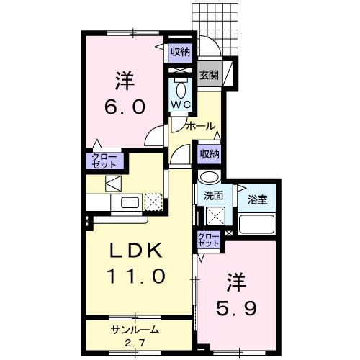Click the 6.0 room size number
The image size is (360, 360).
(x=127, y=105)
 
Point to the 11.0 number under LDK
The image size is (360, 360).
(x=138, y=276)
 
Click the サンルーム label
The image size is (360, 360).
(x=134, y=330)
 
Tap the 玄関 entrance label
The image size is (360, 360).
(x=209, y=75)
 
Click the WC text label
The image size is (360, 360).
(x=180, y=104)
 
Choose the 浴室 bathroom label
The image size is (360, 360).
(x=257, y=199)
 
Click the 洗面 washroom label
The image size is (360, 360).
(x=212, y=195)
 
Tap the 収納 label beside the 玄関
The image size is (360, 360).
(x=180, y=51)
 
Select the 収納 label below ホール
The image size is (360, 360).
(x=210, y=153)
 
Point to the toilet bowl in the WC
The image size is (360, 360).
(x=180, y=89)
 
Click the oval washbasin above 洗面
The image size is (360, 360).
(x=210, y=179)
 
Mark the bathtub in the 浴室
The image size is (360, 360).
(x=257, y=225)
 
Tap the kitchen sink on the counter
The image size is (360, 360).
(x=130, y=202)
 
